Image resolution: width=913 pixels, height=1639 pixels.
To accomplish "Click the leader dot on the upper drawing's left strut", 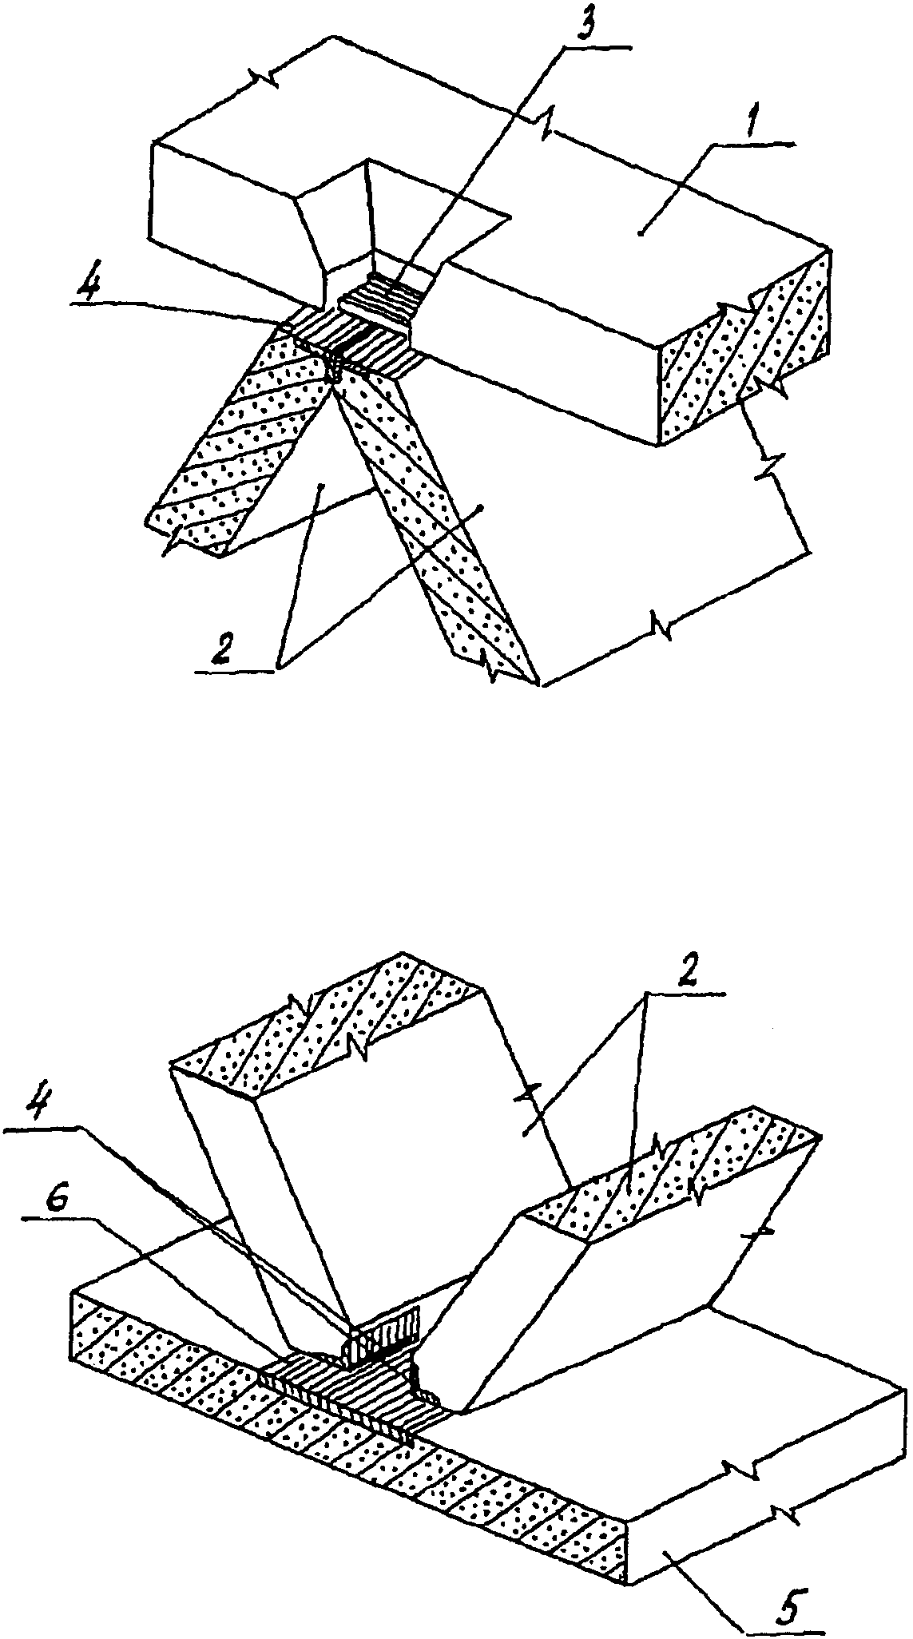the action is coord(321,485).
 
